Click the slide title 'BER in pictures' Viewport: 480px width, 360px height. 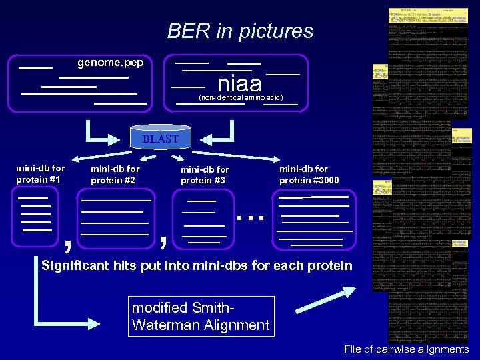tap(240, 31)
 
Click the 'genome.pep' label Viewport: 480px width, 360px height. tap(110, 63)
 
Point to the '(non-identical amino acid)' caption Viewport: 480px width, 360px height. tap(241, 98)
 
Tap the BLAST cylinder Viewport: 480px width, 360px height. tap(161, 138)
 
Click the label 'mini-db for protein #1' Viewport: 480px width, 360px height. tap(41, 174)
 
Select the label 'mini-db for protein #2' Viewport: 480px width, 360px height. tap(115, 175)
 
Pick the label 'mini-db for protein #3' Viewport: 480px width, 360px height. tap(205, 175)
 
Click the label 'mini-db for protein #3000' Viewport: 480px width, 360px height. tap(309, 175)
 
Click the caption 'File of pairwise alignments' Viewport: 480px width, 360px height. tap(406, 349)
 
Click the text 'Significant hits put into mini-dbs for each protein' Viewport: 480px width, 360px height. tap(197, 266)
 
